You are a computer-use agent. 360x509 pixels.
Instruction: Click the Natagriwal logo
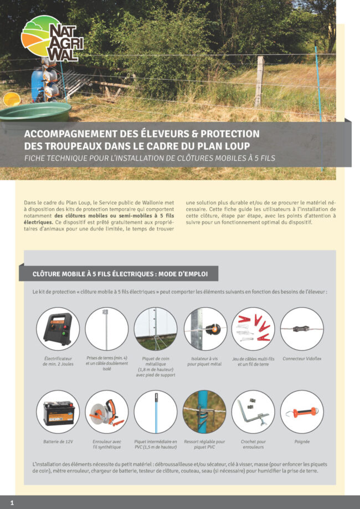53,38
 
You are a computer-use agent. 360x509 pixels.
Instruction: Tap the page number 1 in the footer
12,502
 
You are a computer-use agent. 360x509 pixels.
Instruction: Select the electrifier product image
58,329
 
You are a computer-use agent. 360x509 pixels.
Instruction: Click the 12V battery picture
58,412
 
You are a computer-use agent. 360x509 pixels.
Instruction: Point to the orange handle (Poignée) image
301,412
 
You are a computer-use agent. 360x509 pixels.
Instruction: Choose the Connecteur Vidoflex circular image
301,329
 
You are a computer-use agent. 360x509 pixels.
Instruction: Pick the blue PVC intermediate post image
155,412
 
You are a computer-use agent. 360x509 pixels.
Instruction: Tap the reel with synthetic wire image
106,412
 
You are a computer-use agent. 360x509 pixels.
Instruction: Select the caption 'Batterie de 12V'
58,442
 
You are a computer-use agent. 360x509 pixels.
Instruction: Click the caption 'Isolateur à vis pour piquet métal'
204,362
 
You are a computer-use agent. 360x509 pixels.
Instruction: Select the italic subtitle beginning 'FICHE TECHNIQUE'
150,157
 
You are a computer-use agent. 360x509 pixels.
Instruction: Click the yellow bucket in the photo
11,99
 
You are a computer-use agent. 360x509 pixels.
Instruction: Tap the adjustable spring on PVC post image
204,412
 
